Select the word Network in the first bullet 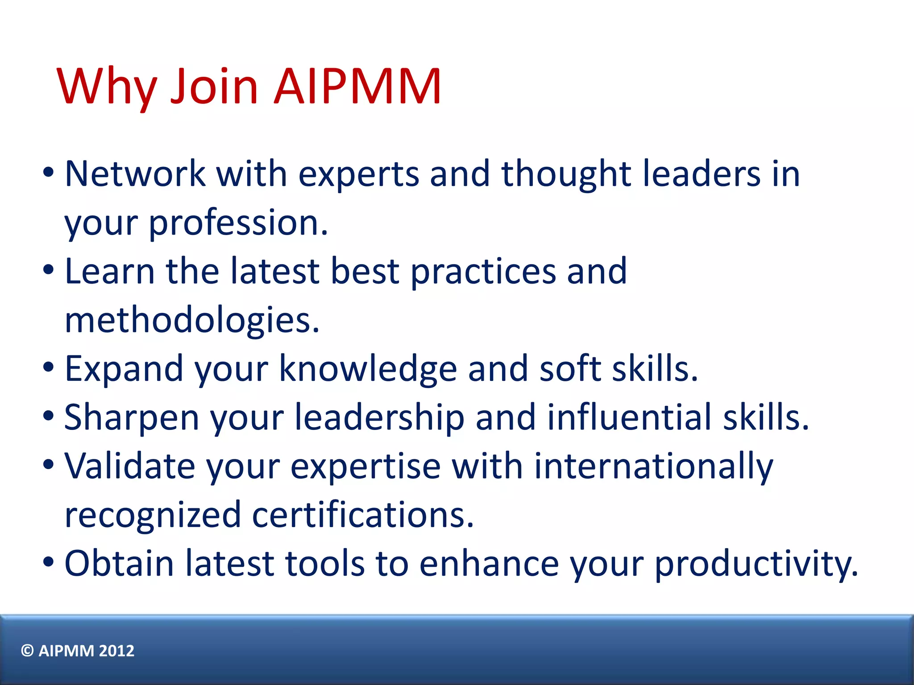pos(135,173)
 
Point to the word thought pos(566,173)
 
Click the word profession pos(238,223)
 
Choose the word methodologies pos(192,320)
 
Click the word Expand pos(124,369)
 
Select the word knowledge pos(368,369)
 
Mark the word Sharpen pos(132,418)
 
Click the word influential pos(629,418)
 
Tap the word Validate pos(130,466)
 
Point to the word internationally pos(653,466)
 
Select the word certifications pos(362,515)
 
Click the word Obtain pos(119,564)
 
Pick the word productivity pos(756,564)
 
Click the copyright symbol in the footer pos(28,651)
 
